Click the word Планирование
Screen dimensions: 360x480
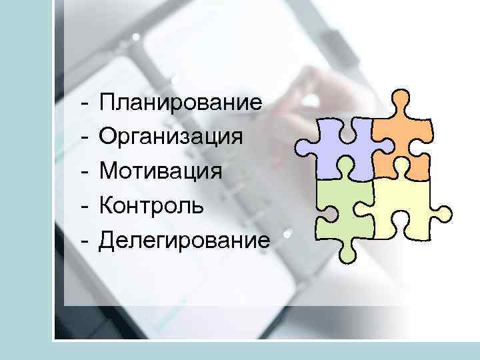tap(180, 103)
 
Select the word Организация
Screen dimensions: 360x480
tap(169, 137)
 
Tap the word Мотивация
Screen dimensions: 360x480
tap(161, 171)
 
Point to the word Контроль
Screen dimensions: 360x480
tap(152, 205)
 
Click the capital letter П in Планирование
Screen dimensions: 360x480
tap(107, 103)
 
